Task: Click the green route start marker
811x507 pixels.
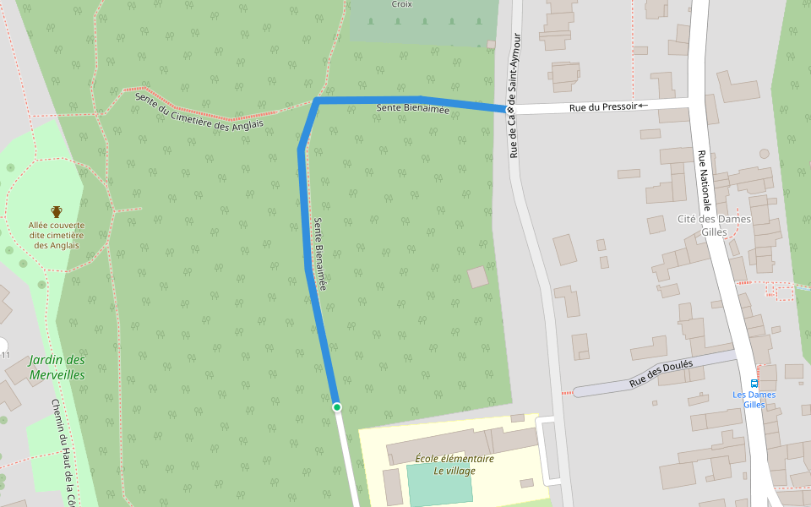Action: coord(336,407)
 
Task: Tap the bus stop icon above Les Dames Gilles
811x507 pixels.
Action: coord(754,383)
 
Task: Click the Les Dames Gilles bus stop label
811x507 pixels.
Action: coord(754,400)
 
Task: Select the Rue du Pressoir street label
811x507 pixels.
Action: coord(601,107)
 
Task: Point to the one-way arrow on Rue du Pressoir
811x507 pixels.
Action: coord(642,106)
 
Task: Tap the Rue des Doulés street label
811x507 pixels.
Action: coord(661,374)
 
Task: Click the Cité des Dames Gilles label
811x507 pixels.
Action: coord(714,226)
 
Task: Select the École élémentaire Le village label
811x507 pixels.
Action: coord(454,465)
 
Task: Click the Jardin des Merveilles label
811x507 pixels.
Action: coord(57,367)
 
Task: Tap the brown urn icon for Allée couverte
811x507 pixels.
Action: coord(57,211)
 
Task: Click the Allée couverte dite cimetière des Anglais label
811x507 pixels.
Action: coord(57,235)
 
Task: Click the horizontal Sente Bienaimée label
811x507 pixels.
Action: coord(413,109)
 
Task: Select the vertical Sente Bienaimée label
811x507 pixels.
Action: coord(319,254)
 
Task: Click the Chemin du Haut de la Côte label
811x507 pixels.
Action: coord(63,452)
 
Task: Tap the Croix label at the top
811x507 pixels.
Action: coord(402,4)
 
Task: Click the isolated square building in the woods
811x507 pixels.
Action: coord(478,276)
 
